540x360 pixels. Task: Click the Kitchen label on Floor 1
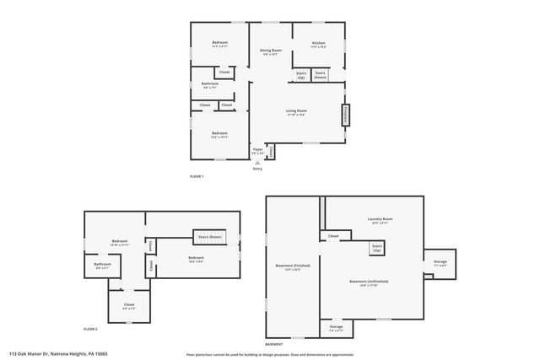coord(318,43)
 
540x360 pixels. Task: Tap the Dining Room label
coord(270,51)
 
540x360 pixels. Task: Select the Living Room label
coord(295,111)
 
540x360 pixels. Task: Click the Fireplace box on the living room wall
coord(345,115)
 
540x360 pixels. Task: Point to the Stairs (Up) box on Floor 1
coord(301,75)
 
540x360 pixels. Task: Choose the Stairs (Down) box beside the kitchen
coord(321,75)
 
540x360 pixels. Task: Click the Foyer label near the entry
coord(258,149)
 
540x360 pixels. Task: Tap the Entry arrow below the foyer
coord(257,164)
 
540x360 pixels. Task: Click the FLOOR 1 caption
coord(197,175)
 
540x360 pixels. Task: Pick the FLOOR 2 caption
coord(90,328)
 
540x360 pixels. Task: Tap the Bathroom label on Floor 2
coord(103,265)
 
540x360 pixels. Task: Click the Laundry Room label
coord(381,220)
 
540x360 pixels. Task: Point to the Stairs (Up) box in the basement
coord(376,249)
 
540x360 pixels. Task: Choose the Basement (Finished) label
coord(293,267)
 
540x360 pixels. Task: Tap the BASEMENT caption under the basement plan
coord(274,344)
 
